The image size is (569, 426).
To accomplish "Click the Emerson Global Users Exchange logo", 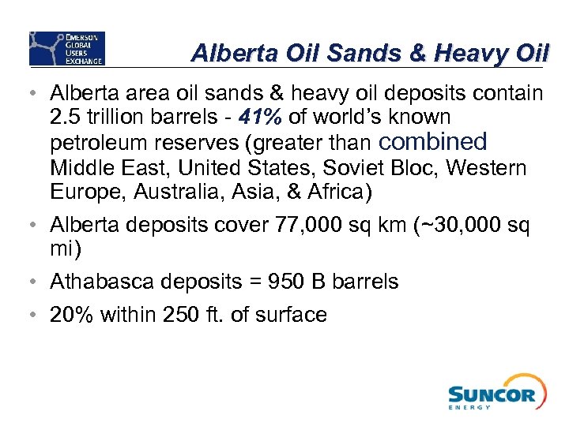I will (66, 48).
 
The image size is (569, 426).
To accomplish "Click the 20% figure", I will (70, 315).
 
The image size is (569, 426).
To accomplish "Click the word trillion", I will (110, 118).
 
